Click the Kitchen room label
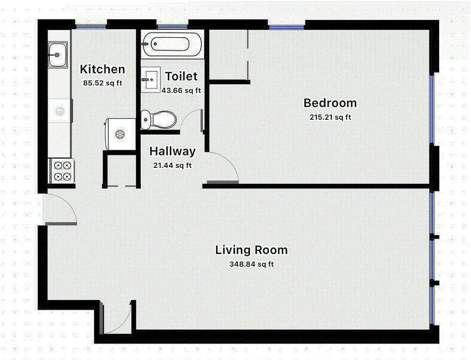point(102,69)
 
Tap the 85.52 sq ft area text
point(102,83)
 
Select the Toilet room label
point(181,76)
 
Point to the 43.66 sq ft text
point(181,90)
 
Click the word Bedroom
point(330,103)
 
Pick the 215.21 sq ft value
point(330,117)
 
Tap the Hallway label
point(172,151)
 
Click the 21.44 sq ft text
point(172,165)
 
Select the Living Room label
point(251,250)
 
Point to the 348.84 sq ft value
point(251,264)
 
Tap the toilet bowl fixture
point(158,119)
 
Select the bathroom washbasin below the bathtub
point(150,80)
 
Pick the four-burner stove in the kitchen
point(62,171)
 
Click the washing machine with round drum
point(120,134)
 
